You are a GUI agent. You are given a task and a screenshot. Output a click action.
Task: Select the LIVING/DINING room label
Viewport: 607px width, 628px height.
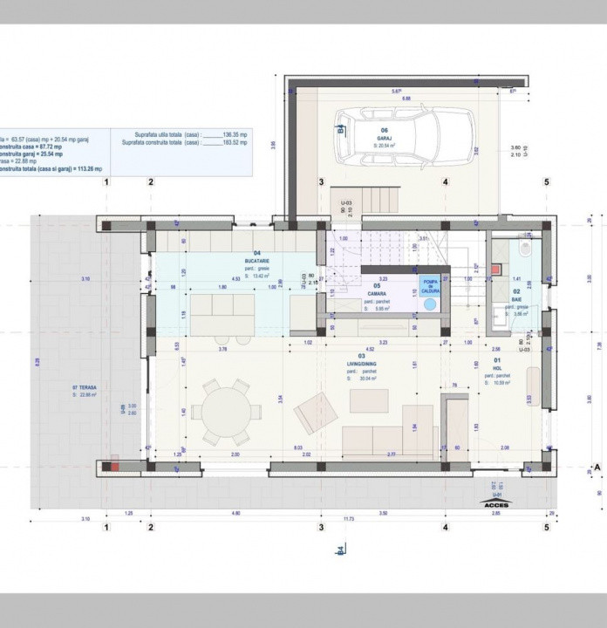(363, 366)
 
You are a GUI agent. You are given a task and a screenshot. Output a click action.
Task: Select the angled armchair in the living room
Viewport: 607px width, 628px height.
(316, 413)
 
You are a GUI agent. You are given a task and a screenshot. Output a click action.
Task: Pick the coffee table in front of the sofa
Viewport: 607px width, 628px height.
(369, 399)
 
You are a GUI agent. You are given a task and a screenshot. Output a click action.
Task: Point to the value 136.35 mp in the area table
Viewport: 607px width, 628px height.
(236, 134)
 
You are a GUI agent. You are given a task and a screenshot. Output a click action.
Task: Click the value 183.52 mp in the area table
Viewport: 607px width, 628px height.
(236, 142)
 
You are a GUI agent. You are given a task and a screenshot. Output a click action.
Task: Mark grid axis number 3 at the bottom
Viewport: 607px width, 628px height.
(321, 528)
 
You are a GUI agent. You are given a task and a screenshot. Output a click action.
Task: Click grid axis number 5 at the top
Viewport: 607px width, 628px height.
(546, 182)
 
